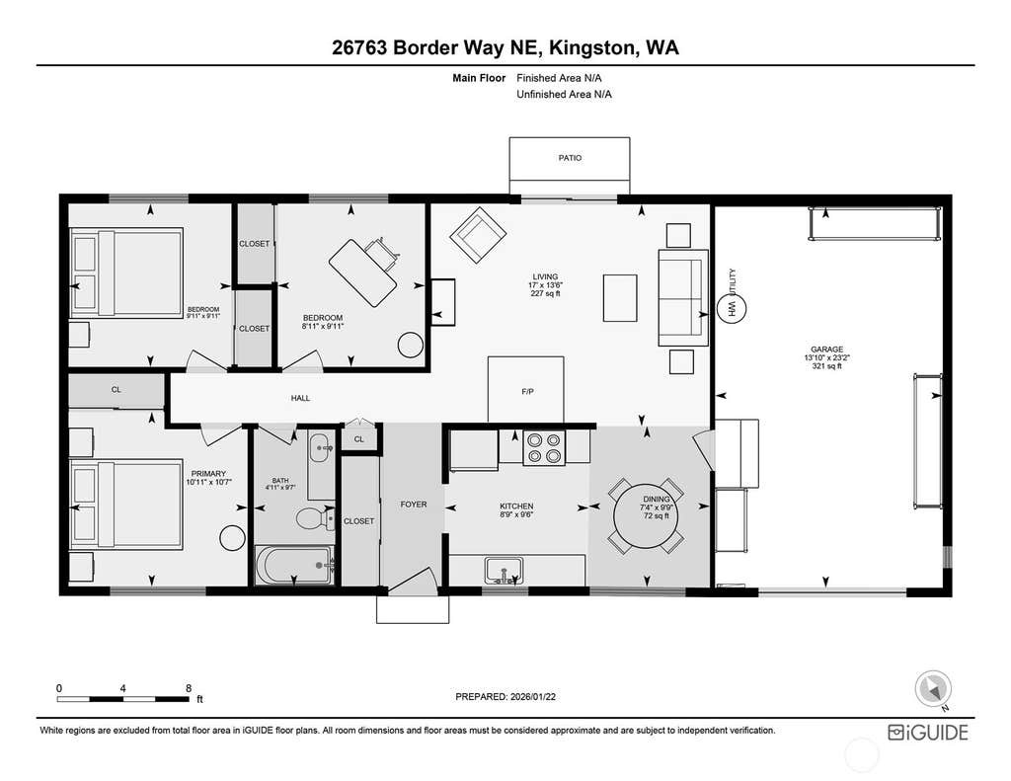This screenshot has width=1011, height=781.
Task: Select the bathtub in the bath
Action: [294, 566]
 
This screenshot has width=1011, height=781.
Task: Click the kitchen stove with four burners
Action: [544, 447]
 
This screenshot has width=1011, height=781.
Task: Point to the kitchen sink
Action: [504, 570]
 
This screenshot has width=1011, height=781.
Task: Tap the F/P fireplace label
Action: [527, 391]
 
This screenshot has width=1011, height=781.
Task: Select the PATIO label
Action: [570, 158]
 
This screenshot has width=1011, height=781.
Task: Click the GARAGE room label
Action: [827, 350]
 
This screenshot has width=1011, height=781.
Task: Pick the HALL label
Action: [300, 398]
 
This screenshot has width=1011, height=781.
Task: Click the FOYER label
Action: [414, 505]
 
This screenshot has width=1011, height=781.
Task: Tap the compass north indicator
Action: [933, 689]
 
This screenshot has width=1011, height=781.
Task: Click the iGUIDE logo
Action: [928, 733]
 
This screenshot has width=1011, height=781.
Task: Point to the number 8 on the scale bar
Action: [189, 688]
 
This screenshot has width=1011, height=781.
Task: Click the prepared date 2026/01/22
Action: [532, 696]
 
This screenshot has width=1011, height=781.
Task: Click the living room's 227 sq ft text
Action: [545, 293]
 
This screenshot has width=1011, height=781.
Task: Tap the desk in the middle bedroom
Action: [362, 273]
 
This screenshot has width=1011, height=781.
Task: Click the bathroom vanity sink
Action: [321, 447]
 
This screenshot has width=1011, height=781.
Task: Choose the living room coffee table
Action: [620, 298]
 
